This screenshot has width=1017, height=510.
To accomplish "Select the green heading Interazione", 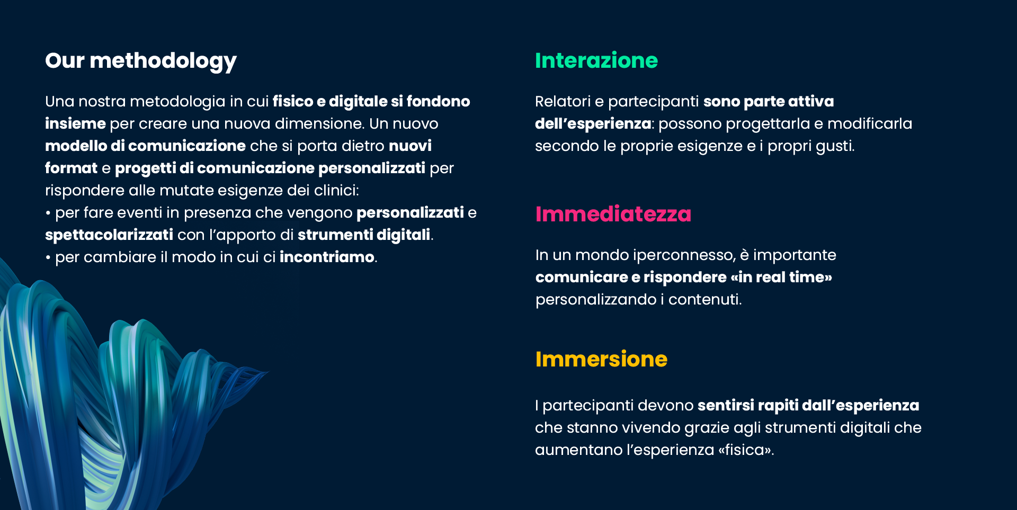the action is point(596,60).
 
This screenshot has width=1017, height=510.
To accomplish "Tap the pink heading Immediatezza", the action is point(613,214).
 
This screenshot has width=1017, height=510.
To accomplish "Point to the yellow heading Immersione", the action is point(601,359).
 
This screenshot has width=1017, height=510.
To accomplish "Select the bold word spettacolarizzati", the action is point(109,235).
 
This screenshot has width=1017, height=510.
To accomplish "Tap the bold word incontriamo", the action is point(327,257).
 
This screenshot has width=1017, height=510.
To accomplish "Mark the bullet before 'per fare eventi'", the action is point(48,213).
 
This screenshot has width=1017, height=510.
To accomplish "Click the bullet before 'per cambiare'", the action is point(48,258).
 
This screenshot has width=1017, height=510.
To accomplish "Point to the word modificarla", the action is point(870,123).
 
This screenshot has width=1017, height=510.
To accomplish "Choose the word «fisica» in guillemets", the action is point(746,450).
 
